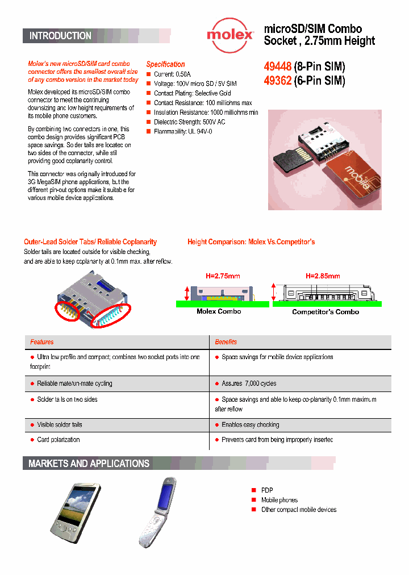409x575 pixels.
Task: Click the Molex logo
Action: [230, 34]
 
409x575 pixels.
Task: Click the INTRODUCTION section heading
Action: [60, 36]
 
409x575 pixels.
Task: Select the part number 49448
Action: [277, 66]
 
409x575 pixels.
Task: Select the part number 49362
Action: [277, 81]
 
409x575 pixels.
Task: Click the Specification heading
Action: [165, 64]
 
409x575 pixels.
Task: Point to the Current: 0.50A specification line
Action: [172, 74]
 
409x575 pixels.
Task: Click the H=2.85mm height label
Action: [323, 276]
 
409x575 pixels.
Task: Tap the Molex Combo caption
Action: [219, 311]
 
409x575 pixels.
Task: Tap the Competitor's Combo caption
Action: [325, 312]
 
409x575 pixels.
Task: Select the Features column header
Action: [42, 342]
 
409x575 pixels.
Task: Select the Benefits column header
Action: [226, 342]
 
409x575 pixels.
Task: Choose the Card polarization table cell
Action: [58, 440]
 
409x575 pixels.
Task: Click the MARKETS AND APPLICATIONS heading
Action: [89, 464]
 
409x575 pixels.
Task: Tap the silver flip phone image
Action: [157, 512]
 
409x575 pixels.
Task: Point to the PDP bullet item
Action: [267, 490]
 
